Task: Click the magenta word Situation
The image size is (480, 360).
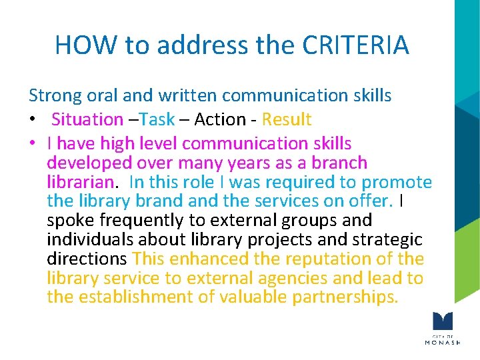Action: (87, 119)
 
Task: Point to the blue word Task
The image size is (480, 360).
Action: (157, 119)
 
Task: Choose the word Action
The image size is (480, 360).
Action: (219, 119)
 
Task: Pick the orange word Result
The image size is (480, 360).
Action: (287, 119)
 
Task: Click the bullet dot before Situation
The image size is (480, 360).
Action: (32, 120)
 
